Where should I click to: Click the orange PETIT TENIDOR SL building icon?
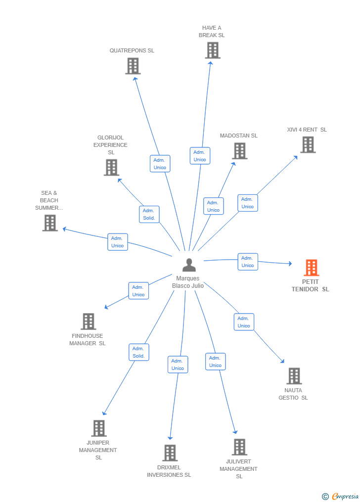click(x=312, y=268)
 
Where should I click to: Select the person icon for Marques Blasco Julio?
click(x=189, y=265)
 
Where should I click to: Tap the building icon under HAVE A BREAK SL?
click(x=213, y=50)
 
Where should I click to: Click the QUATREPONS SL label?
click(x=132, y=50)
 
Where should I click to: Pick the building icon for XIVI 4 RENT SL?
click(x=308, y=145)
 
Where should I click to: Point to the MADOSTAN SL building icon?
click(x=240, y=151)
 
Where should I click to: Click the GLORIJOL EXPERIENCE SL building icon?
click(x=112, y=168)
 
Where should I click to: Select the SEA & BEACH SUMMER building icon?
click(x=50, y=223)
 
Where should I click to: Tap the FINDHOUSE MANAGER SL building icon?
click(x=89, y=321)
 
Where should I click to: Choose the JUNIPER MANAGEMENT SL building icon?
click(x=99, y=428)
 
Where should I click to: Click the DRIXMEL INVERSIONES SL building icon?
click(x=170, y=453)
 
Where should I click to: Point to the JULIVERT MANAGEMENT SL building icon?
click(x=239, y=447)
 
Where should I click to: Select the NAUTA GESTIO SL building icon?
click(x=294, y=376)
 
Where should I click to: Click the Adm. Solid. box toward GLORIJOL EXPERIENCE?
click(x=149, y=214)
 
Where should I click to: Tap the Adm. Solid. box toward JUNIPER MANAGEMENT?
click(x=139, y=352)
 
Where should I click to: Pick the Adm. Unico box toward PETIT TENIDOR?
click(x=248, y=262)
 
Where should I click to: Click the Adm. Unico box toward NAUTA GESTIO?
click(x=244, y=322)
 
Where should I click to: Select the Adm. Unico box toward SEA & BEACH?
click(x=117, y=242)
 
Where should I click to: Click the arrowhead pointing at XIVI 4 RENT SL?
click(x=296, y=157)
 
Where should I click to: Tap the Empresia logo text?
click(x=345, y=496)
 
